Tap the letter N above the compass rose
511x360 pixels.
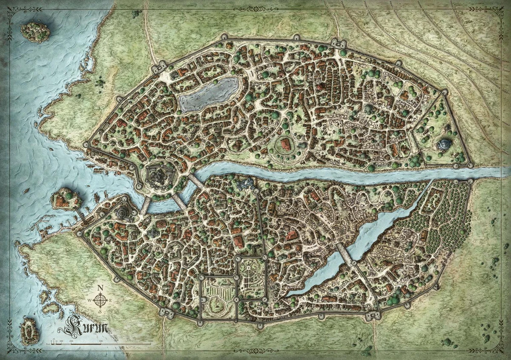point(100,287)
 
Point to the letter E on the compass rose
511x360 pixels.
point(112,300)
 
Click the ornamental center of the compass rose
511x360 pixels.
point(100,300)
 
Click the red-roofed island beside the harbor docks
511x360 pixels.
point(66,198)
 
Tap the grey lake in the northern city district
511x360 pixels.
point(209,94)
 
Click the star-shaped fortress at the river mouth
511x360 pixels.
point(157,174)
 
